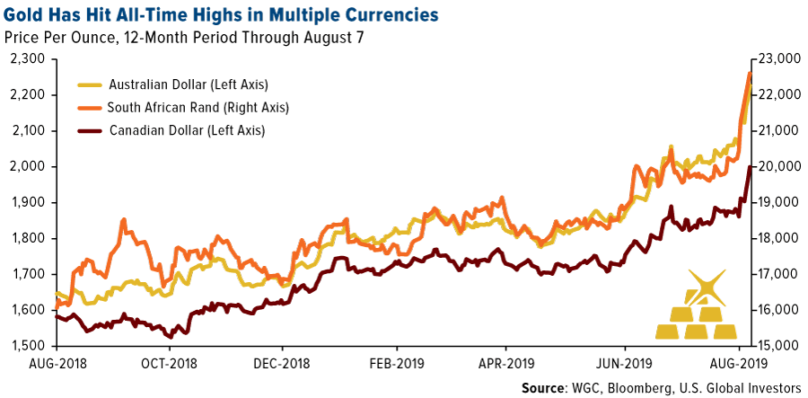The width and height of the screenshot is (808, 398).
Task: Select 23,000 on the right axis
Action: tap(778, 58)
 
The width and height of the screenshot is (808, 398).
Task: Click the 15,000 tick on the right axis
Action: tap(778, 346)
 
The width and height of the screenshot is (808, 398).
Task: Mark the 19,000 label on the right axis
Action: tap(778, 202)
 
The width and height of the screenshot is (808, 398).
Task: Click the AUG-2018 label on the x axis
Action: tap(56, 365)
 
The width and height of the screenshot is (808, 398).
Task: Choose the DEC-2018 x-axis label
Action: tap(281, 365)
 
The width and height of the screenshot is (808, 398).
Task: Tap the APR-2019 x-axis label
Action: tap(505, 365)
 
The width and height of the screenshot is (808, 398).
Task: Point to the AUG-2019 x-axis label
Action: tap(738, 365)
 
